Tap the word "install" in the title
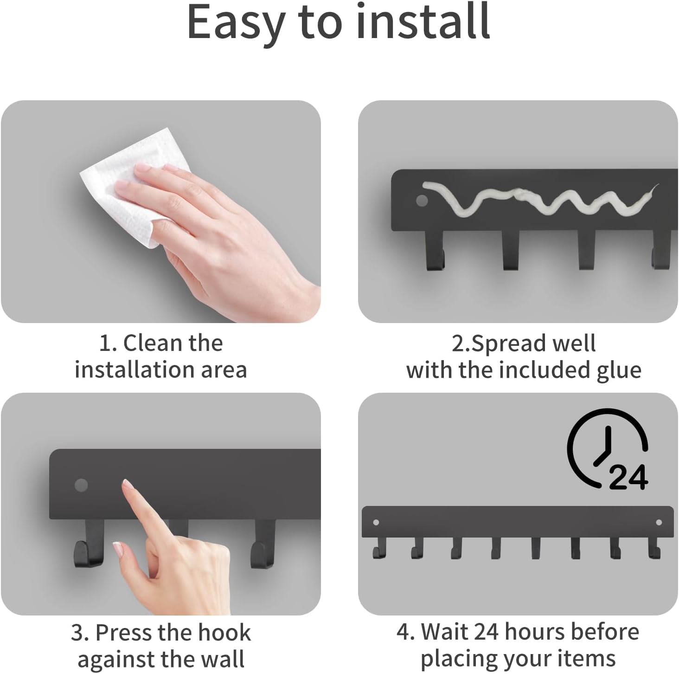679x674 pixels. coord(423,21)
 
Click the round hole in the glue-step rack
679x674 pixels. coord(422,201)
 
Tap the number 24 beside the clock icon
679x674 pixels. coord(628,478)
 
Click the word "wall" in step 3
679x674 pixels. coord(224,659)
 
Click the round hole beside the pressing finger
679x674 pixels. coord(81,485)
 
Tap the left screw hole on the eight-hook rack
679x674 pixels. coord(376,522)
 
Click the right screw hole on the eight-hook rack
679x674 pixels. coord(659,522)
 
